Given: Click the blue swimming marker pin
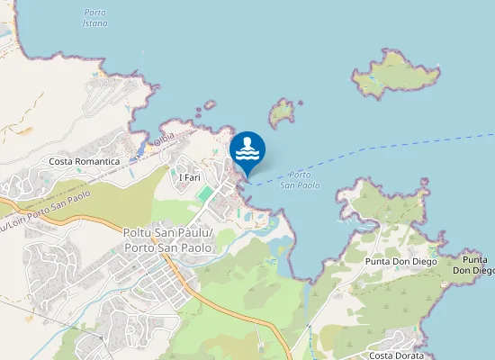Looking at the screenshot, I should (x=247, y=151).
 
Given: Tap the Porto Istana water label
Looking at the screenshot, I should (x=94, y=17).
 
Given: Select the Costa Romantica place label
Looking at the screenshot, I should (x=85, y=161).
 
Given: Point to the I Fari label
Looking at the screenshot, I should (x=190, y=178).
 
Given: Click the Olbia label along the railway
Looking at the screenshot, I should (x=164, y=139).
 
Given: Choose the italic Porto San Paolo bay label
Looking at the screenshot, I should (x=301, y=180).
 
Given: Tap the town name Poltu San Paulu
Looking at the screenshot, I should (x=167, y=233).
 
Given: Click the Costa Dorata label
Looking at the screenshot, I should (x=396, y=356).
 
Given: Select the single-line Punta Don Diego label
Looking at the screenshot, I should (x=401, y=261).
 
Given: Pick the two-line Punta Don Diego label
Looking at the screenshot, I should (x=473, y=265).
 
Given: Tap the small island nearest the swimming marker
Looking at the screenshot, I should (x=283, y=112).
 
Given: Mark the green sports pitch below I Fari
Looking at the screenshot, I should (x=206, y=193).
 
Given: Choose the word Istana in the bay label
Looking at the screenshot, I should (x=94, y=22).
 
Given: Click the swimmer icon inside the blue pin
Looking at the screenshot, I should (x=247, y=148).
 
